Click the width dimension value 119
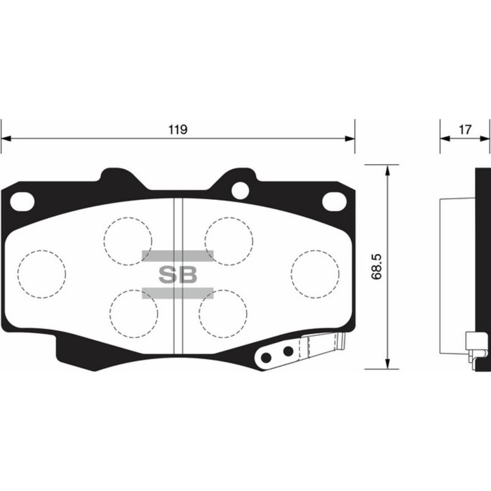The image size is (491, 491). coord(177,129)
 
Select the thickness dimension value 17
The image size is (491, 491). coord(464,129)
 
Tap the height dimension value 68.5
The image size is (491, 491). coord(376,267)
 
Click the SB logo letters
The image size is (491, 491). coord(177,274)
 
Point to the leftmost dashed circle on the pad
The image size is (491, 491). coord(41,272)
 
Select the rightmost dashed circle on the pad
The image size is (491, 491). coord(315,272)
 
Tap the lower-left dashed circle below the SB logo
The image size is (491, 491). coord(133,312)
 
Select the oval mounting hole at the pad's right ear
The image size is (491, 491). coord(335,201)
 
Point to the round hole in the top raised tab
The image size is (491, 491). coord(240,188)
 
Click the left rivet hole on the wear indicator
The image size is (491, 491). coord(266,358)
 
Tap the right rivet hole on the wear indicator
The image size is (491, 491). coord(287,351)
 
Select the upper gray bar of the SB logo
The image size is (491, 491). coord(177,255)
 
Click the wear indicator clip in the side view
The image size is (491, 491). coord(478,348)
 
